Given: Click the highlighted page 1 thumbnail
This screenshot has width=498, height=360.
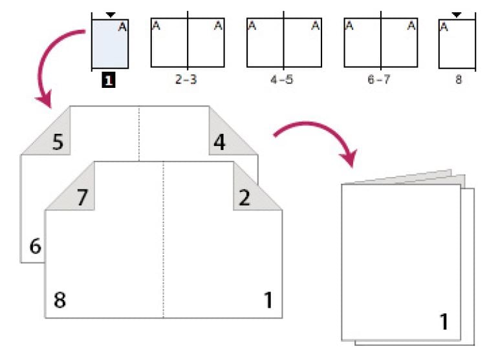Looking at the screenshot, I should point(110,43).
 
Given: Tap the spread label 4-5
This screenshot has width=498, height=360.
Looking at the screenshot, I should point(283,82).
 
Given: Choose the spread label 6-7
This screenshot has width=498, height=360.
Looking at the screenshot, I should point(380,82).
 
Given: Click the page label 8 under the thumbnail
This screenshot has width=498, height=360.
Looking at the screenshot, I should point(458,82).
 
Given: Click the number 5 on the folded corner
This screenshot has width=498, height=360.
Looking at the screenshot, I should point(58,142).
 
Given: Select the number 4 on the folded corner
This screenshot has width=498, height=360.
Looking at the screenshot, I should point(220,142).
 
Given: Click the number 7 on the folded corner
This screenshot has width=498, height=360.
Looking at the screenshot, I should point(82,197).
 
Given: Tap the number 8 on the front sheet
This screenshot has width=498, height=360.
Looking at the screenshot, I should point(60,300).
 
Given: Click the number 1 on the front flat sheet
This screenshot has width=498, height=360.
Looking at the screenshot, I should point(268,300).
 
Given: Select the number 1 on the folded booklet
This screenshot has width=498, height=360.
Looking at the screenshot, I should point(444,321).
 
